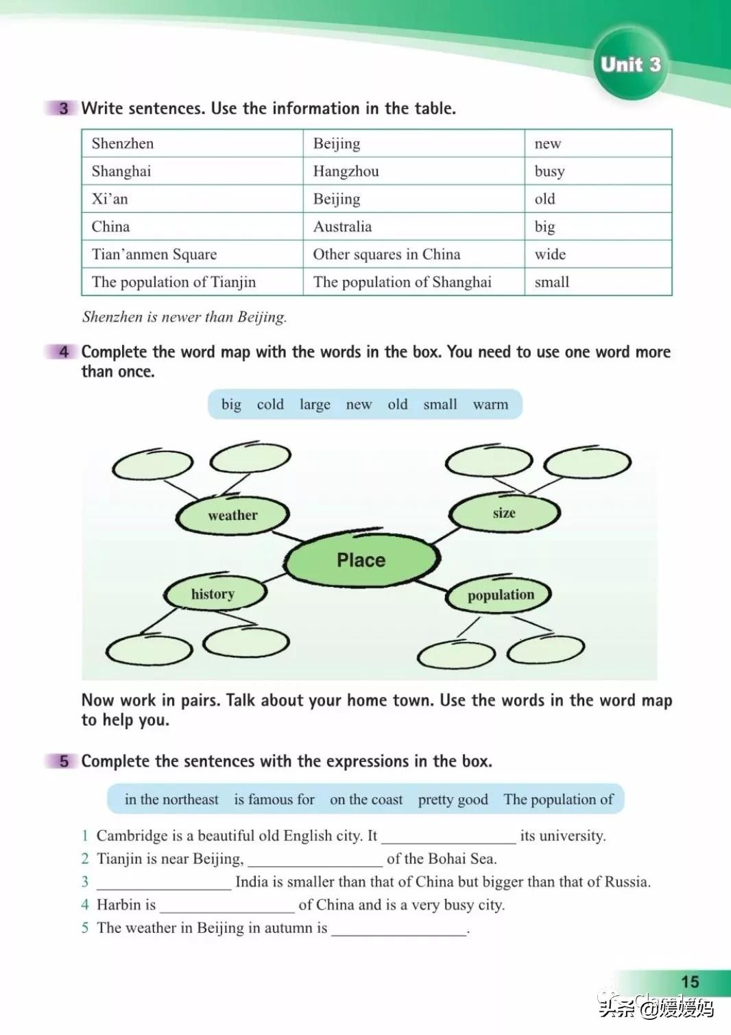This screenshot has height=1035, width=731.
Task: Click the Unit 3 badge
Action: coord(630,65)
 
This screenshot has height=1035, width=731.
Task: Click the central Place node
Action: coord(361,560)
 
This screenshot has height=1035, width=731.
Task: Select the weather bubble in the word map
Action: coord(232,515)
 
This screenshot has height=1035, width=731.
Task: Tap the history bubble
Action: coord(213,594)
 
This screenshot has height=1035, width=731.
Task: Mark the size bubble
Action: coord(504,513)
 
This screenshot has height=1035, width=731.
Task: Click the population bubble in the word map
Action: coord(500,595)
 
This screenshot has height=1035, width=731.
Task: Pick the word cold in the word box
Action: coord(270,405)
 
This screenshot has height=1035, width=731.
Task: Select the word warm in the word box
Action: coord(490,405)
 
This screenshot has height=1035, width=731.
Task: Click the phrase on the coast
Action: coord(366,800)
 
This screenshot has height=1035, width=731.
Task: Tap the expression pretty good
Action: coord(453,800)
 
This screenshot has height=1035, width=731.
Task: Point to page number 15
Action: coord(690,982)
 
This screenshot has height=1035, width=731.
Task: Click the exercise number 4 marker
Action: coord(64,352)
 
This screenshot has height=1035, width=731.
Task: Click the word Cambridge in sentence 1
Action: coord(132,835)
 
